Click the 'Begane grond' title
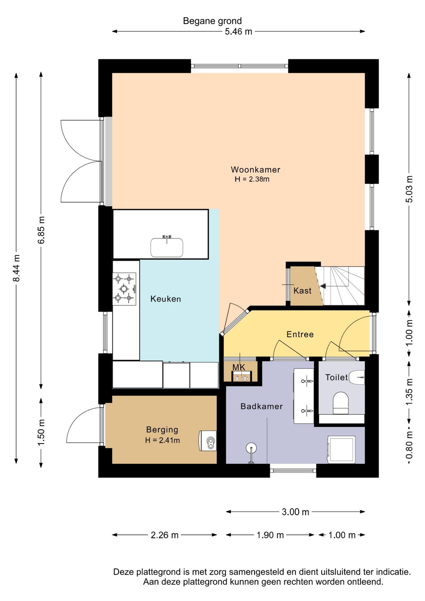212,21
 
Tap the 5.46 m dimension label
238,32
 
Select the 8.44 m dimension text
16,268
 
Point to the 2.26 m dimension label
165,535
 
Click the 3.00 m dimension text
295,512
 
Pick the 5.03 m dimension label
409,189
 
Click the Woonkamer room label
255,170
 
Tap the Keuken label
166,299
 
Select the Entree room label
300,334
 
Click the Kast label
302,291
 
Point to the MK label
239,367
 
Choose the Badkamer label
262,406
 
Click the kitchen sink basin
167,248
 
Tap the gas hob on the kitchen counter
124,289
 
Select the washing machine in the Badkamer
341,449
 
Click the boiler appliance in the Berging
208,441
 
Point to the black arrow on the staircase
323,286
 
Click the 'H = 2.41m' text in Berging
162,440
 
